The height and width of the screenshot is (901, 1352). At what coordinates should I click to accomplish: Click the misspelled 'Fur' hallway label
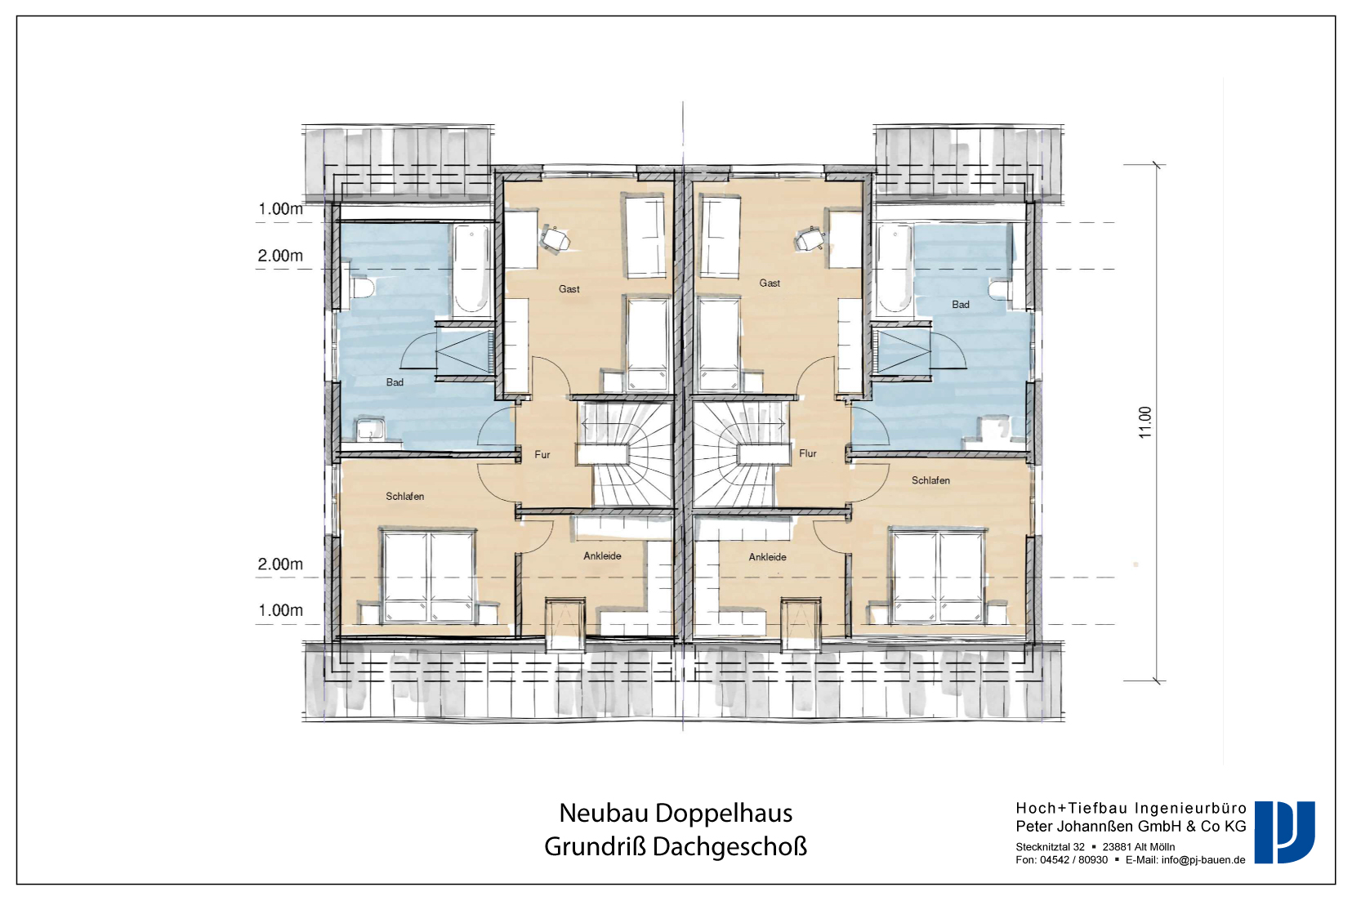click(x=542, y=454)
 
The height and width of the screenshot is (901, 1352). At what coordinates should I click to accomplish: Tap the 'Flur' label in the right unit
click(x=808, y=453)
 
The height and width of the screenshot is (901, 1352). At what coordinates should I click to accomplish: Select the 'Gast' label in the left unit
click(x=569, y=289)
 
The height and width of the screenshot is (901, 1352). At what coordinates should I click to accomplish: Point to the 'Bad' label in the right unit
click(x=960, y=305)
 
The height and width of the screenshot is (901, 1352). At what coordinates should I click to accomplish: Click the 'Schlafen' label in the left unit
click(x=404, y=497)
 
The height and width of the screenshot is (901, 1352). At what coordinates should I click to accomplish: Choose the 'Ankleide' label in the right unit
click(x=767, y=557)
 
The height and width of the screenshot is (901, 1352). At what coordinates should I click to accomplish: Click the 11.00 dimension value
click(x=1145, y=422)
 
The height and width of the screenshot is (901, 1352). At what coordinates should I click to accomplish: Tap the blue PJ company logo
click(x=1284, y=832)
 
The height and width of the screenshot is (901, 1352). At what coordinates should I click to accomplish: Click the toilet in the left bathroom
click(x=362, y=288)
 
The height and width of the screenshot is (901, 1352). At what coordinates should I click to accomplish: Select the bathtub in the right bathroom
click(x=895, y=269)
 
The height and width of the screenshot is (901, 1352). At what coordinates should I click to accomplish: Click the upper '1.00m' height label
click(x=281, y=209)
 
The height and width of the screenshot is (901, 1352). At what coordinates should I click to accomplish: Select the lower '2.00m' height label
click(x=280, y=564)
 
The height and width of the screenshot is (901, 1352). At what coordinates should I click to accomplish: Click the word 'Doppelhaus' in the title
click(x=724, y=813)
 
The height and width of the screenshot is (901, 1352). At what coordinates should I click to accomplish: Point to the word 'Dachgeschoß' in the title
click(x=730, y=847)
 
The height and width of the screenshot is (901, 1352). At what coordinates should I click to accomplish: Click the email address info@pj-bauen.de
click(x=1203, y=860)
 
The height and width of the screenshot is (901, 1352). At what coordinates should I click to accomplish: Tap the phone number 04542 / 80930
click(x=1073, y=860)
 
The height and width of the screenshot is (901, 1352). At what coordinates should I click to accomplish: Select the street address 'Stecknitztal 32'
click(x=1051, y=847)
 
